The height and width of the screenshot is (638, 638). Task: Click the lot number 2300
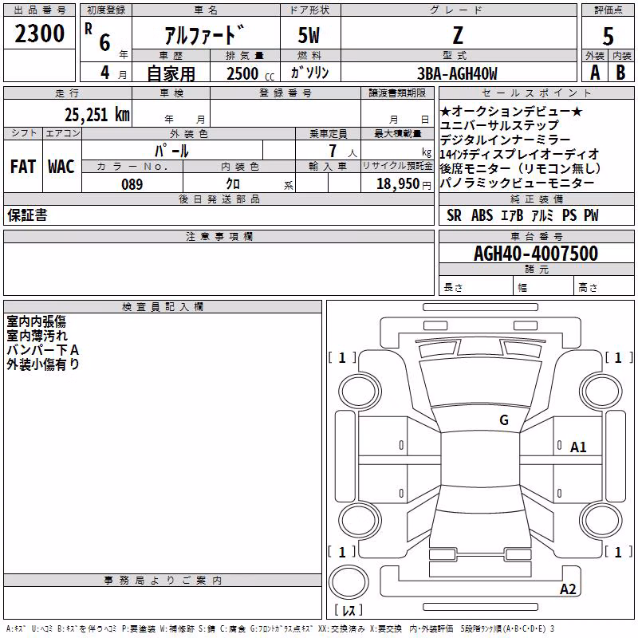pos(39,33)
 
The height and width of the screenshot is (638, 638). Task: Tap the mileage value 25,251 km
pos(97,115)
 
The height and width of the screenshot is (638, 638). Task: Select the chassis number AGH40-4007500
pos(536,254)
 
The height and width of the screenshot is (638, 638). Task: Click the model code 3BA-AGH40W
pos(457,73)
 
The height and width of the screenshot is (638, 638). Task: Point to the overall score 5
pos(608,36)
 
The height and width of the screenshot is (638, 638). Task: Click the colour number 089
pos(132,184)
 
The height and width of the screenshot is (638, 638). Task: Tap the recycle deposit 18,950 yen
pos(404,184)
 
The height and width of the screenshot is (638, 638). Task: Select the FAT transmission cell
pos(23,167)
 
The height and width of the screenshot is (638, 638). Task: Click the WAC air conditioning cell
pos(61,167)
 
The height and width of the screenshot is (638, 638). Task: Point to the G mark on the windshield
pos(504,419)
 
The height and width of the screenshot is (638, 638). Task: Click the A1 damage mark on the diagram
pos(578,447)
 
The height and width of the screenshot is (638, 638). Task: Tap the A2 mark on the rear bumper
pos(568,589)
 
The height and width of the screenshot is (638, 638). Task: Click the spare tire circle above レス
pos(349,582)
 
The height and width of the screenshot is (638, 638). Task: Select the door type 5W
pos(309,35)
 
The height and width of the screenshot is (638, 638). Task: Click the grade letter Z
pos(458,35)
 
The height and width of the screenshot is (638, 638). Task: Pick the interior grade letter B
pos(620,73)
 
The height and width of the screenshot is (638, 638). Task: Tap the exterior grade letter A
pos(595,73)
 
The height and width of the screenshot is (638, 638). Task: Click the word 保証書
pos(27,215)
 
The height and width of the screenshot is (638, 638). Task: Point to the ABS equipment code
pos(482,215)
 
